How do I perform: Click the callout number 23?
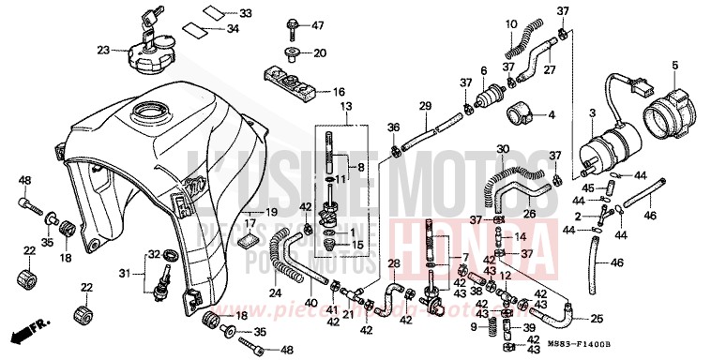click(103, 49)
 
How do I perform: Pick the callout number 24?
click(274, 292)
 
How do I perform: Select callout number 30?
click(503, 149)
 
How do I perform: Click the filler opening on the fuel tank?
click(151, 116)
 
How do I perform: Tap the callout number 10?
click(510, 23)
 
